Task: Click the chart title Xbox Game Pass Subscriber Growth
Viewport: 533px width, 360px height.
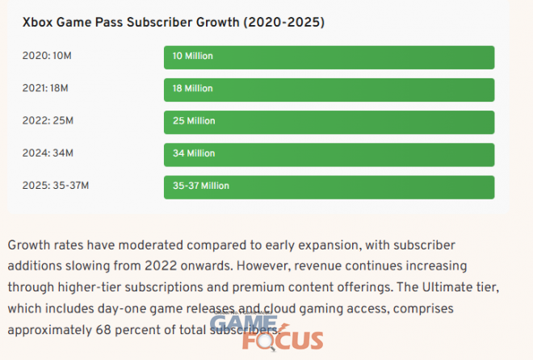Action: [173, 23]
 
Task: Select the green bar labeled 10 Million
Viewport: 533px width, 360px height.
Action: [329, 57]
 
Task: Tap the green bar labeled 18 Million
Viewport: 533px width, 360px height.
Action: [329, 90]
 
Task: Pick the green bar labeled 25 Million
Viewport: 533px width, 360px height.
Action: [329, 121]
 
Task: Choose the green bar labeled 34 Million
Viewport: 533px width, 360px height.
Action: [329, 153]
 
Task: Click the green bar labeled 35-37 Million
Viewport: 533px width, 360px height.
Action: [329, 186]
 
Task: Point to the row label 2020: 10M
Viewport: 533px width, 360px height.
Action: [49, 57]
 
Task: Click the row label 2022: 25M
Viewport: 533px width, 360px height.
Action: [49, 121]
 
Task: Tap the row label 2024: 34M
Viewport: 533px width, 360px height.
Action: [49, 153]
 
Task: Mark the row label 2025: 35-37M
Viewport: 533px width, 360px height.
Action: [57, 186]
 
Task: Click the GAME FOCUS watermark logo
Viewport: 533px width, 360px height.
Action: [266, 333]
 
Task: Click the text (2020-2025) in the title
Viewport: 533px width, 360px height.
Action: [282, 23]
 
